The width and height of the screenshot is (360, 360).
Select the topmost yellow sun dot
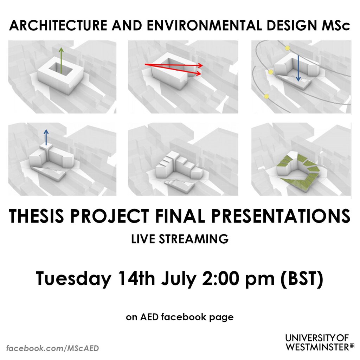point(288,48)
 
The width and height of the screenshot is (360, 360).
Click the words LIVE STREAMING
point(180,239)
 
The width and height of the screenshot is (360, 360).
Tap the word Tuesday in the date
point(72,279)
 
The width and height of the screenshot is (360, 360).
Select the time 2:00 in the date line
point(217,279)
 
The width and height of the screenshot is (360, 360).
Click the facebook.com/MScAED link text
point(53,348)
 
